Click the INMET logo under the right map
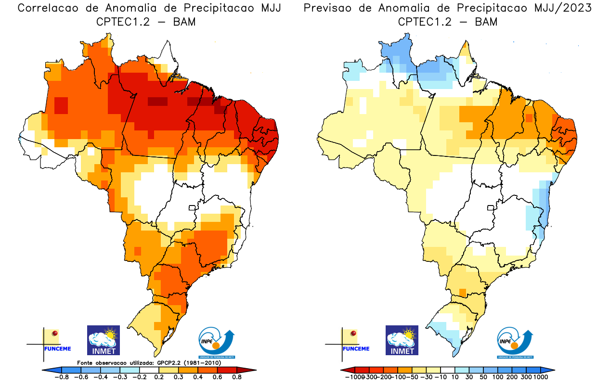402,340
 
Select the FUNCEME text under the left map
58,348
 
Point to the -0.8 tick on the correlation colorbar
62,377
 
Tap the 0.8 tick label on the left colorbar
237,377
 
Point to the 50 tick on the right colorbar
483,377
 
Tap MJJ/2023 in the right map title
564,8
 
